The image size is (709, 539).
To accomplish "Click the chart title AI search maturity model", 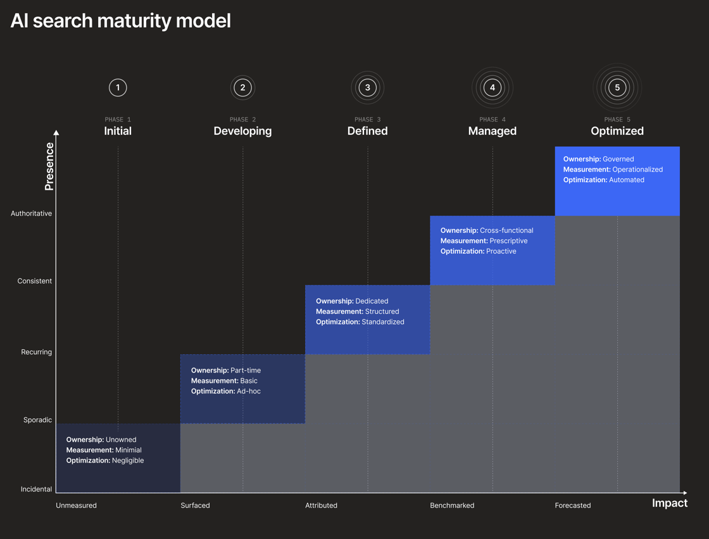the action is click(120, 21).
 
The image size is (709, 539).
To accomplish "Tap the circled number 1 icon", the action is click(118, 88).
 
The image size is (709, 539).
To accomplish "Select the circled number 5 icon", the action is click(617, 88).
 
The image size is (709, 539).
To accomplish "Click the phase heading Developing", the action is click(243, 131).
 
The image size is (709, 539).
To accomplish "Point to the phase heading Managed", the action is click(493, 131).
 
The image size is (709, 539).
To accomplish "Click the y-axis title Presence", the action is click(49, 166).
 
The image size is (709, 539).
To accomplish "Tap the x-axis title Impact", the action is click(670, 504).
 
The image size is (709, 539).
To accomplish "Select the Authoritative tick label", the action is click(31, 213).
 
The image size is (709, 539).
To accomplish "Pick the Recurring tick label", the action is click(37, 352).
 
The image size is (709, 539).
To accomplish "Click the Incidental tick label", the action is click(36, 489).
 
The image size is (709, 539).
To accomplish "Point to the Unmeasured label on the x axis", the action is click(77, 505).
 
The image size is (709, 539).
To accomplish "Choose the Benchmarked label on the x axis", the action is click(452, 505).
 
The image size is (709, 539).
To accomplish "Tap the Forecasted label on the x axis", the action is click(573, 505).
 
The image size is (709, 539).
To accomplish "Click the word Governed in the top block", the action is click(618, 159).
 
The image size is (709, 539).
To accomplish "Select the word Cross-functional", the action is click(506, 230).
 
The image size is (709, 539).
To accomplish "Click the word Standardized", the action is click(383, 321).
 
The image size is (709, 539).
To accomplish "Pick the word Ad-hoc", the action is click(249, 391).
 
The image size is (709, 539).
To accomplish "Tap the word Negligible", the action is click(128, 461).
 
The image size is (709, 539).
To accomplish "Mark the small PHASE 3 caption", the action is click(368, 120).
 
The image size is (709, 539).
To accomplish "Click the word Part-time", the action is click(246, 371).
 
